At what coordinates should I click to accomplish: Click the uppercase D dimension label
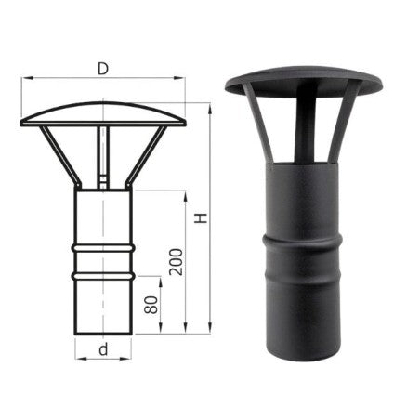(103, 68)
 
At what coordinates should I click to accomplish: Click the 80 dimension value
(151, 305)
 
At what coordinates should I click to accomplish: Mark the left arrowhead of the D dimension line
(25, 80)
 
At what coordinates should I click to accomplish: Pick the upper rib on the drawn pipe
(103, 249)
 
